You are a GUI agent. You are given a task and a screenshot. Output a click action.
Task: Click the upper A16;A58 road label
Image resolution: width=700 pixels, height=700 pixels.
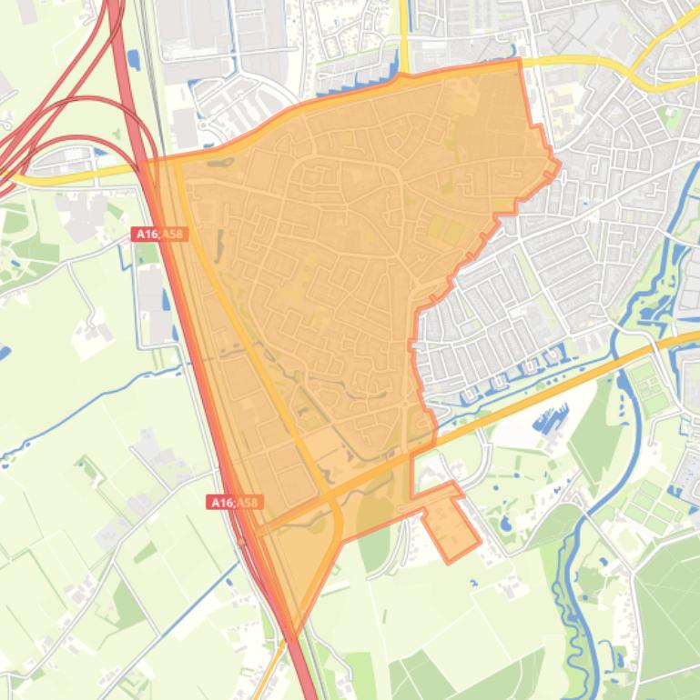pos(159,235)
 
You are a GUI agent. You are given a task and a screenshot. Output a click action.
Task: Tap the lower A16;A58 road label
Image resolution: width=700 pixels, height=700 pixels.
pos(235,503)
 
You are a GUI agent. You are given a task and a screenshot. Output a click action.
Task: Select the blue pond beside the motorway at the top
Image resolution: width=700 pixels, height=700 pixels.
pos(134,60)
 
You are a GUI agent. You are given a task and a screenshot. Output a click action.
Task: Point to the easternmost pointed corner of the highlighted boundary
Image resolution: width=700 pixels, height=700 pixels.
pos(558,165)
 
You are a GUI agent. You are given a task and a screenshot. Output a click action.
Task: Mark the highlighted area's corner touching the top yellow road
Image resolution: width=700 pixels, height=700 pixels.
pos(519,61)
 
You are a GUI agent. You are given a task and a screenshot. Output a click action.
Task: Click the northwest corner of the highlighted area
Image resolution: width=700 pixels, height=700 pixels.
pos(147,162)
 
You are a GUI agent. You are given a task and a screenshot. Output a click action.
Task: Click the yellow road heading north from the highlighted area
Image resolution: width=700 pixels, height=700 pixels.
pos(403,36)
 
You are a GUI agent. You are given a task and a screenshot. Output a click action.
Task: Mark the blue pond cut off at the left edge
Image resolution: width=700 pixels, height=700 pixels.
pos(4,353)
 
